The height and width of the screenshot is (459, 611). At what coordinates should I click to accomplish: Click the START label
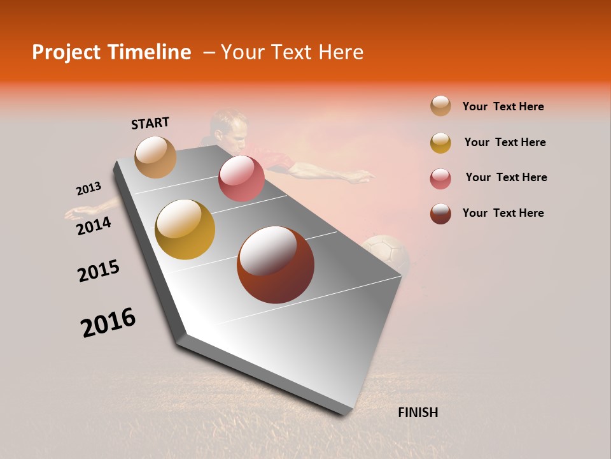coord(150,123)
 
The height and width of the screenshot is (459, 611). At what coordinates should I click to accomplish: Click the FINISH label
coord(418,412)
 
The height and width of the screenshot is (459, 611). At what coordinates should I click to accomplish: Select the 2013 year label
coord(88,189)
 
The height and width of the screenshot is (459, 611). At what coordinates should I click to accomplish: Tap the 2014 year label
coord(94,226)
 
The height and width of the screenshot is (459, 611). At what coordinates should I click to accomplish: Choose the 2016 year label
coord(108,323)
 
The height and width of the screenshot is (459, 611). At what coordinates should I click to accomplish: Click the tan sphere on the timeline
coord(155,157)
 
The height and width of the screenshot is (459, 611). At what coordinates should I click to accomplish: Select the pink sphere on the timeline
coord(241,178)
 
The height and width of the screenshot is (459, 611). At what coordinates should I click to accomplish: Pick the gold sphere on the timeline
coord(185,229)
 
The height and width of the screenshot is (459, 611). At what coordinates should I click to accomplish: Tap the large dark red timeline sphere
coord(276,265)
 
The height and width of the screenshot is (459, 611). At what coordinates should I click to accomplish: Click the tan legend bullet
coord(440,106)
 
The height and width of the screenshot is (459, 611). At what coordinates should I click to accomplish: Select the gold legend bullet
coord(440,143)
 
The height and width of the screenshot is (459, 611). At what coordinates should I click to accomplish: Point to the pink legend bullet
coord(440,178)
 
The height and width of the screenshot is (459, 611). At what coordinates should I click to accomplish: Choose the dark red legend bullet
coord(440,214)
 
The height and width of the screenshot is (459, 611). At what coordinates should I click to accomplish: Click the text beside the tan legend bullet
coord(503,106)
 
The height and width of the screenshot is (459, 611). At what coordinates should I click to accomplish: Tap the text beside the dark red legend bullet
coord(503,213)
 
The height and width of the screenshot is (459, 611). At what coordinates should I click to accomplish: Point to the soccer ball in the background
coord(386,254)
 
